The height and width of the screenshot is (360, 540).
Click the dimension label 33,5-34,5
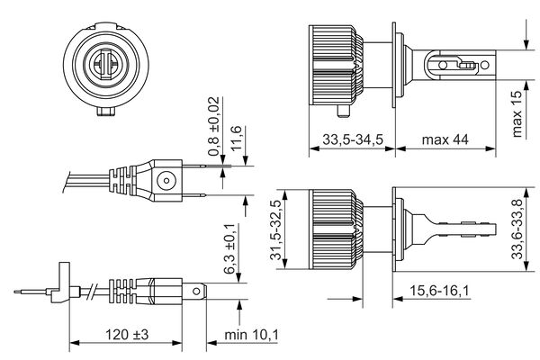353,139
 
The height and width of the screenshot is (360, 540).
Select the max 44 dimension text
445,139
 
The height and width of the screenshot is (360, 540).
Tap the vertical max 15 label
517,114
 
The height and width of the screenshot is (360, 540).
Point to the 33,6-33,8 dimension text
517,229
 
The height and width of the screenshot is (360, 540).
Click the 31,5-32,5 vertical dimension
276,229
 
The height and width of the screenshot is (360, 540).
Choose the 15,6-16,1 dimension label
439,291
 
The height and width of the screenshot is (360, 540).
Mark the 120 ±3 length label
127,334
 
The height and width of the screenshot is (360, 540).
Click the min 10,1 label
251,334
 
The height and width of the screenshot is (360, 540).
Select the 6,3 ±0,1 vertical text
229,248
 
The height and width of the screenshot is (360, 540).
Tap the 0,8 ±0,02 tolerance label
213,126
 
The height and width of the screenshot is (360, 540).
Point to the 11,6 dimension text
236,138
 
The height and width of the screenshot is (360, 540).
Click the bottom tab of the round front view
106,112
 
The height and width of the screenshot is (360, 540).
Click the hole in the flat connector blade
196,292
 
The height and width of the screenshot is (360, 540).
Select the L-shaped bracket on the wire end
59,282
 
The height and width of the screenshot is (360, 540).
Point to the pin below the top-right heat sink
343,111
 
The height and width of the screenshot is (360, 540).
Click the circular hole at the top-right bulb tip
484,65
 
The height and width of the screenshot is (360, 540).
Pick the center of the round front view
106,64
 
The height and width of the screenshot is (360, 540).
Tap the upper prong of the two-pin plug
193,166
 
